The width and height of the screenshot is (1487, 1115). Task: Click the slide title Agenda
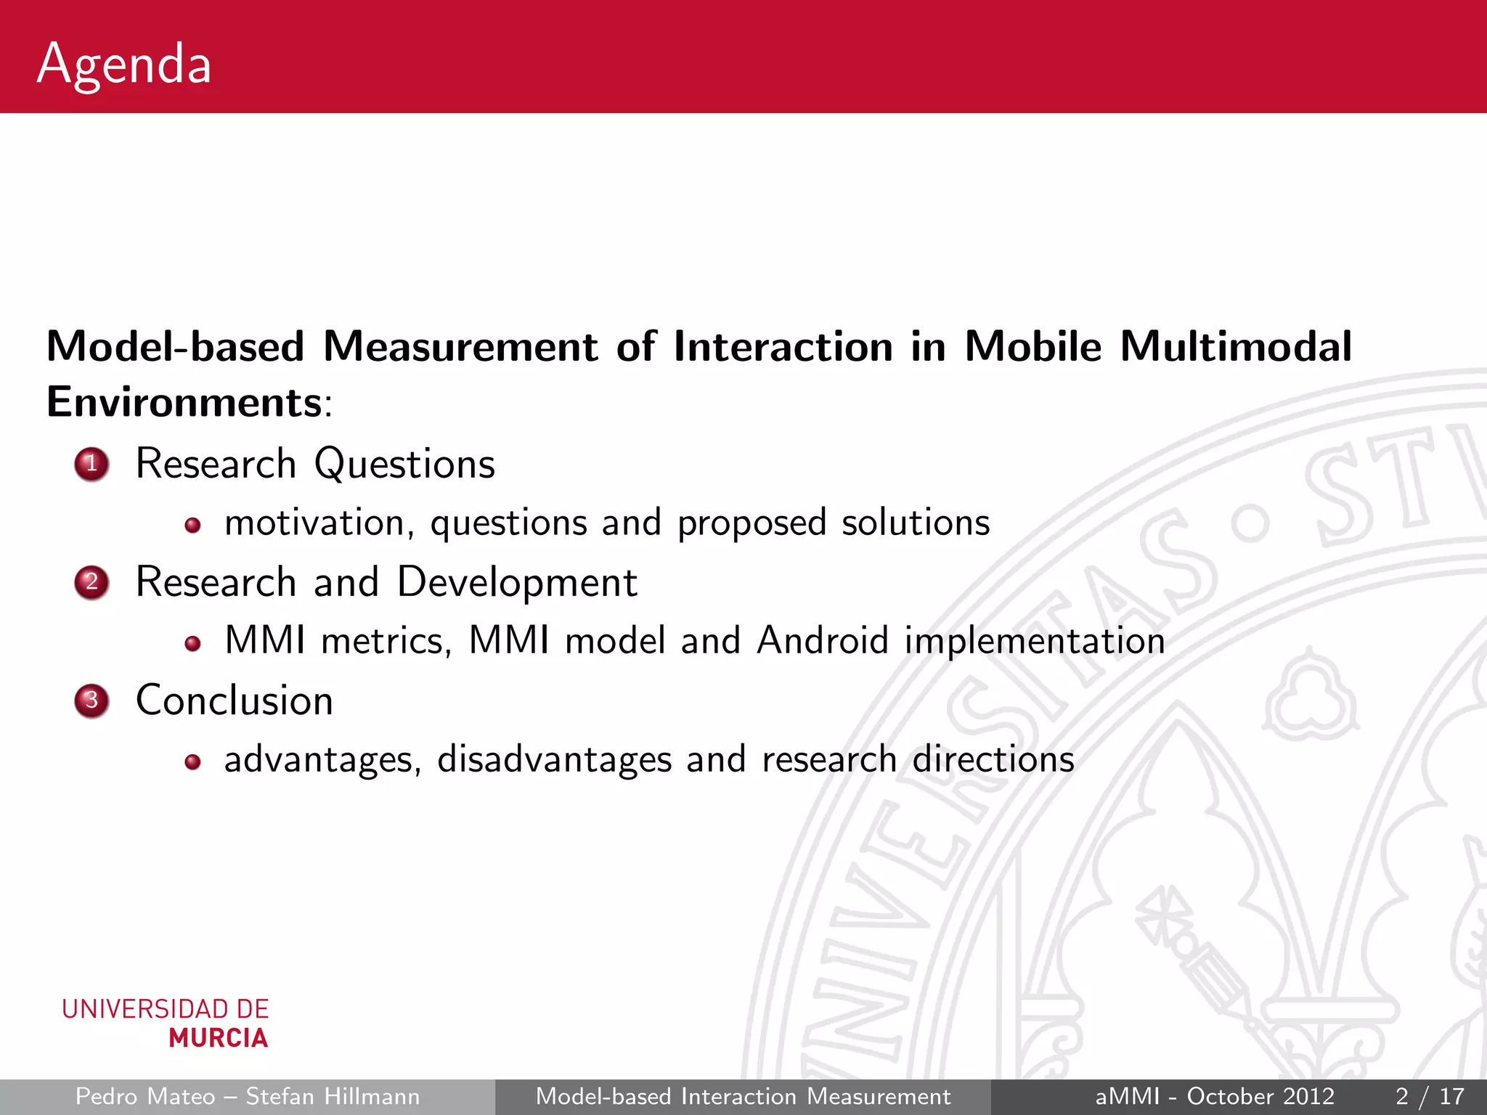click(x=124, y=65)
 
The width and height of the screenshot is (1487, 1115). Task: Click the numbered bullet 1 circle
click(x=91, y=464)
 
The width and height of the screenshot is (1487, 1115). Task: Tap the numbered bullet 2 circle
click(x=91, y=582)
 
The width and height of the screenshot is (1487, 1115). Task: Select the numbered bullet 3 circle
click(x=91, y=701)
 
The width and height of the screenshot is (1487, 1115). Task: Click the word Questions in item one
click(x=404, y=465)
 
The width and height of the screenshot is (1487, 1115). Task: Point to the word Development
click(x=517, y=583)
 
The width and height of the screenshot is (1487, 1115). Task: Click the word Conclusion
click(x=235, y=701)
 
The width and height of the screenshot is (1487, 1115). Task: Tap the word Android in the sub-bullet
click(x=822, y=641)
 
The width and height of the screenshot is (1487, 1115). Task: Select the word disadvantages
click(x=554, y=760)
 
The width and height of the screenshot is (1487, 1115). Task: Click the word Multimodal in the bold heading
click(x=1236, y=346)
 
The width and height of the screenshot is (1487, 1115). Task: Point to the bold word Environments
click(x=184, y=402)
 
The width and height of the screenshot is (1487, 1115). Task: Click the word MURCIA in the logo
click(x=219, y=1038)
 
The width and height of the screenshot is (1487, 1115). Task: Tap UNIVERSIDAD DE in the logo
click(x=166, y=1009)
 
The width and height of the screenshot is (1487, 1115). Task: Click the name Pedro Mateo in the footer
click(x=145, y=1096)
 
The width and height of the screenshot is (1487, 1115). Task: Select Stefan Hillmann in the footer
click(x=333, y=1096)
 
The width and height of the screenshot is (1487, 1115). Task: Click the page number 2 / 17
click(x=1429, y=1096)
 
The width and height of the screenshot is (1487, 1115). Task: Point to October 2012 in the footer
click(x=1260, y=1096)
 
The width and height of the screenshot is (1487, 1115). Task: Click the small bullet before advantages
click(x=192, y=761)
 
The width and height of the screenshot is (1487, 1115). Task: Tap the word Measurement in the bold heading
click(x=460, y=346)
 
